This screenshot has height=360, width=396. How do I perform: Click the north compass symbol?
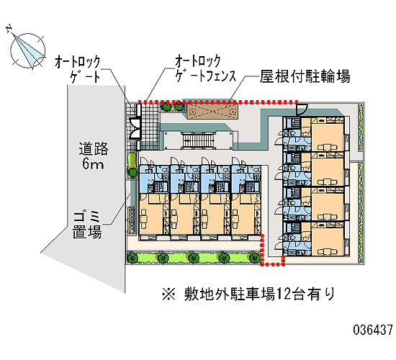click(27, 50)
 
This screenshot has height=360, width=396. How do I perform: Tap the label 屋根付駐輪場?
click(305, 76)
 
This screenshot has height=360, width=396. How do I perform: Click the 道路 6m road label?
click(93, 156)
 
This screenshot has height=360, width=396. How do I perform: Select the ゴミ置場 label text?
click(87, 225)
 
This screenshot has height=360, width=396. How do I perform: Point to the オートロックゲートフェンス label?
click(205, 68)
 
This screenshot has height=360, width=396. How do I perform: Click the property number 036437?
click(373, 330)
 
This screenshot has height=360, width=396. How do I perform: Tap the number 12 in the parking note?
click(284, 294)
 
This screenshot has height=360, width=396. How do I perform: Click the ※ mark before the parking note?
click(168, 294)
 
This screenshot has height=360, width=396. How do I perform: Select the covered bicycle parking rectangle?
click(212, 111)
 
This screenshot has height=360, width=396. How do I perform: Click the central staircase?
click(199, 140)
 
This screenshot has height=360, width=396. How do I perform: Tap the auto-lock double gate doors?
click(135, 128)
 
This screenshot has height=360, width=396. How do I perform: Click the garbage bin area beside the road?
click(132, 220)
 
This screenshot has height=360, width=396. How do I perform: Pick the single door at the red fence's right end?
click(302, 109)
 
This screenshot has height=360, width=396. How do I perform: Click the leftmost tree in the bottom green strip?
click(132, 258)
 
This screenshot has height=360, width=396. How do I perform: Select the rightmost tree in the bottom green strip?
click(254, 258)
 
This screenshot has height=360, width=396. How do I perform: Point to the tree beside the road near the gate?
click(132, 172)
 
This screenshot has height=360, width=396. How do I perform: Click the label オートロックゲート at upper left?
click(77, 69)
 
